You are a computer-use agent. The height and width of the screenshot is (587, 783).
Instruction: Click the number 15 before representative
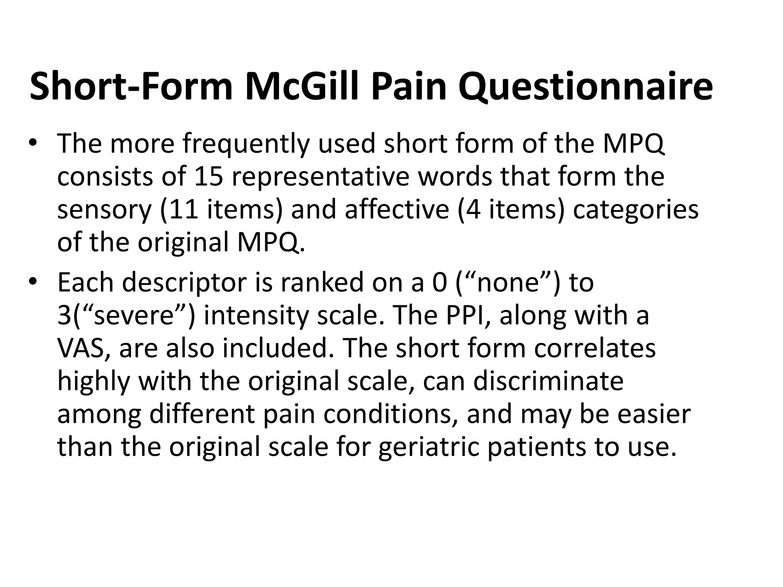[x=208, y=177]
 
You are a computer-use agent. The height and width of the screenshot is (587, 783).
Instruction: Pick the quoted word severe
[x=134, y=316]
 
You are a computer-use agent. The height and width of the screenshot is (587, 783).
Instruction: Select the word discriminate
[x=548, y=381]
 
